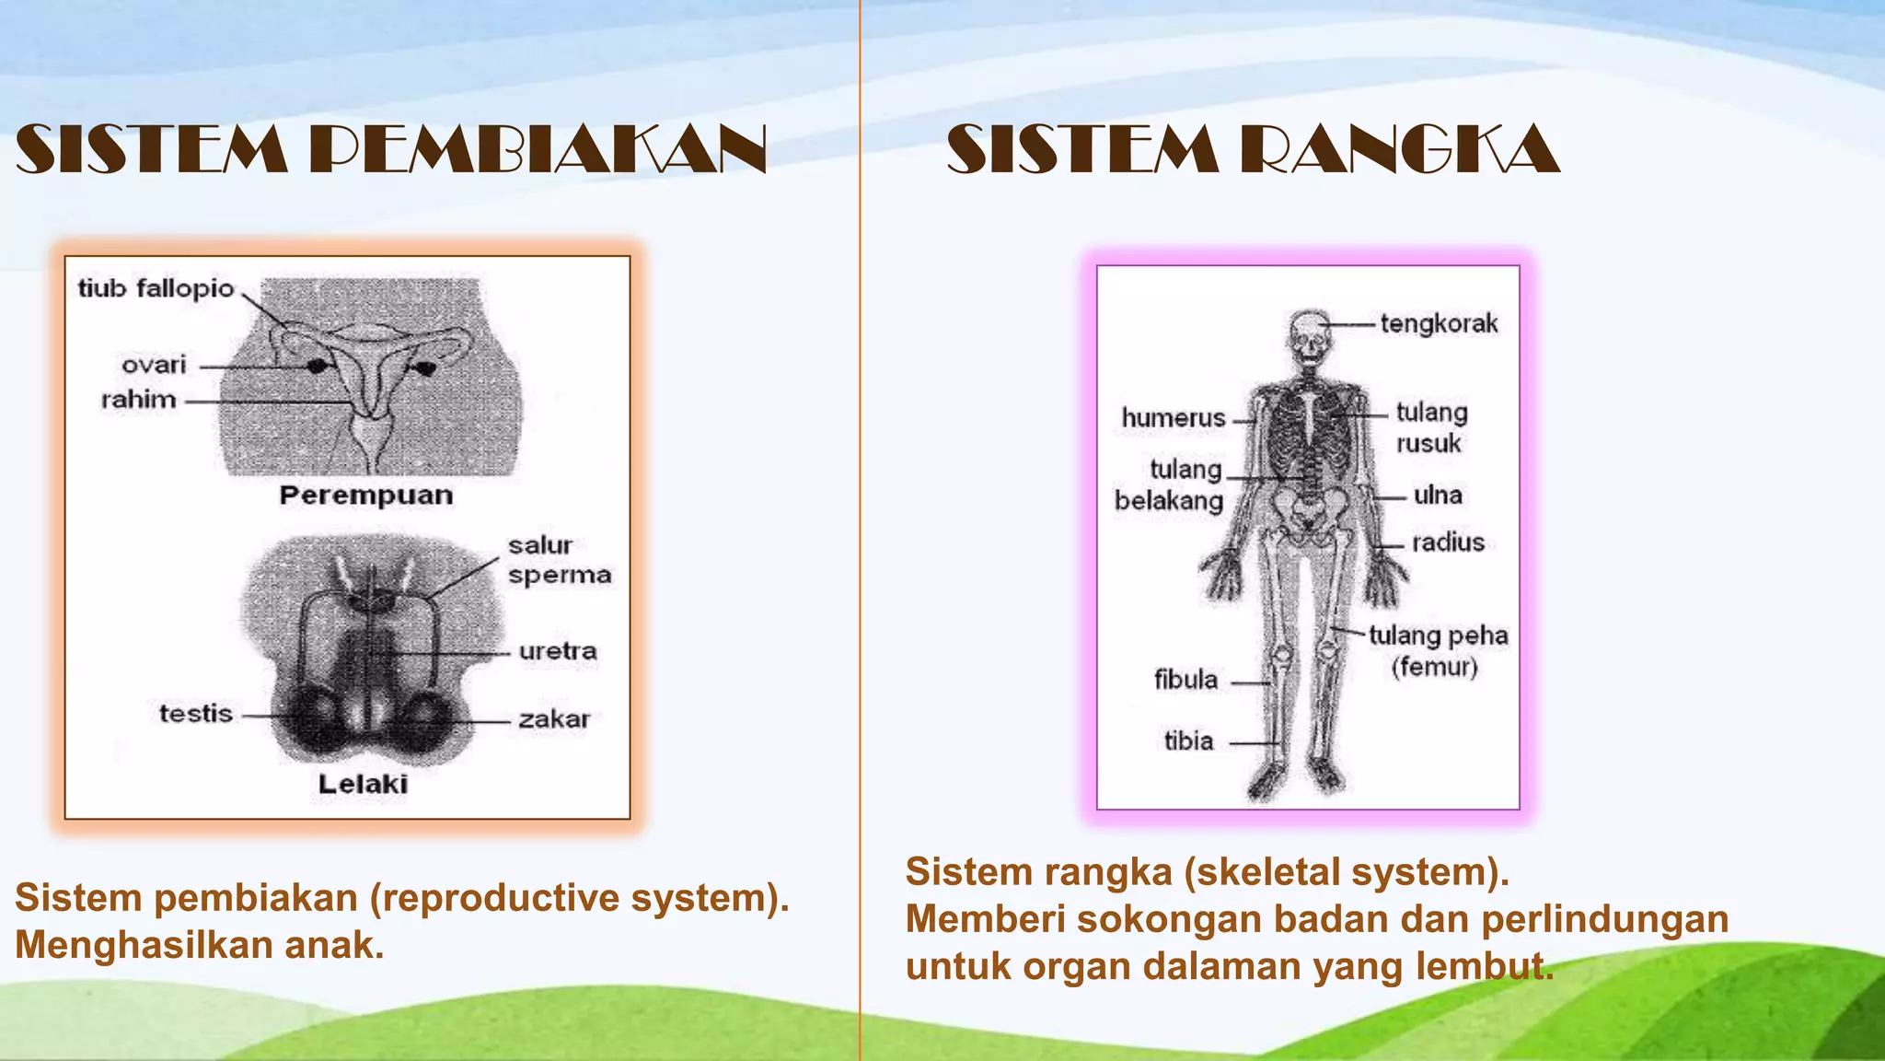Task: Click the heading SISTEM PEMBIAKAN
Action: (391, 149)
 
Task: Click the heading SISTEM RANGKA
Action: (1253, 149)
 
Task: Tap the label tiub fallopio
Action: (156, 288)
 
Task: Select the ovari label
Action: (154, 365)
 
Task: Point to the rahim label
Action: (138, 400)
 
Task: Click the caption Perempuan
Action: (366, 496)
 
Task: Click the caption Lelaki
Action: (363, 784)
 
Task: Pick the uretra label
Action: (558, 651)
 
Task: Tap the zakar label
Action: (554, 718)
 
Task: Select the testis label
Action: (195, 714)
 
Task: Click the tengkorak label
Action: (1439, 323)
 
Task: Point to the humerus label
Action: (1174, 418)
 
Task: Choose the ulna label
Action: (1438, 496)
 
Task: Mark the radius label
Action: (1448, 542)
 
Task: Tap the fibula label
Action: (1185, 680)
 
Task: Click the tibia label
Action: (1188, 740)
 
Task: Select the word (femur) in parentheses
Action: (1434, 666)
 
